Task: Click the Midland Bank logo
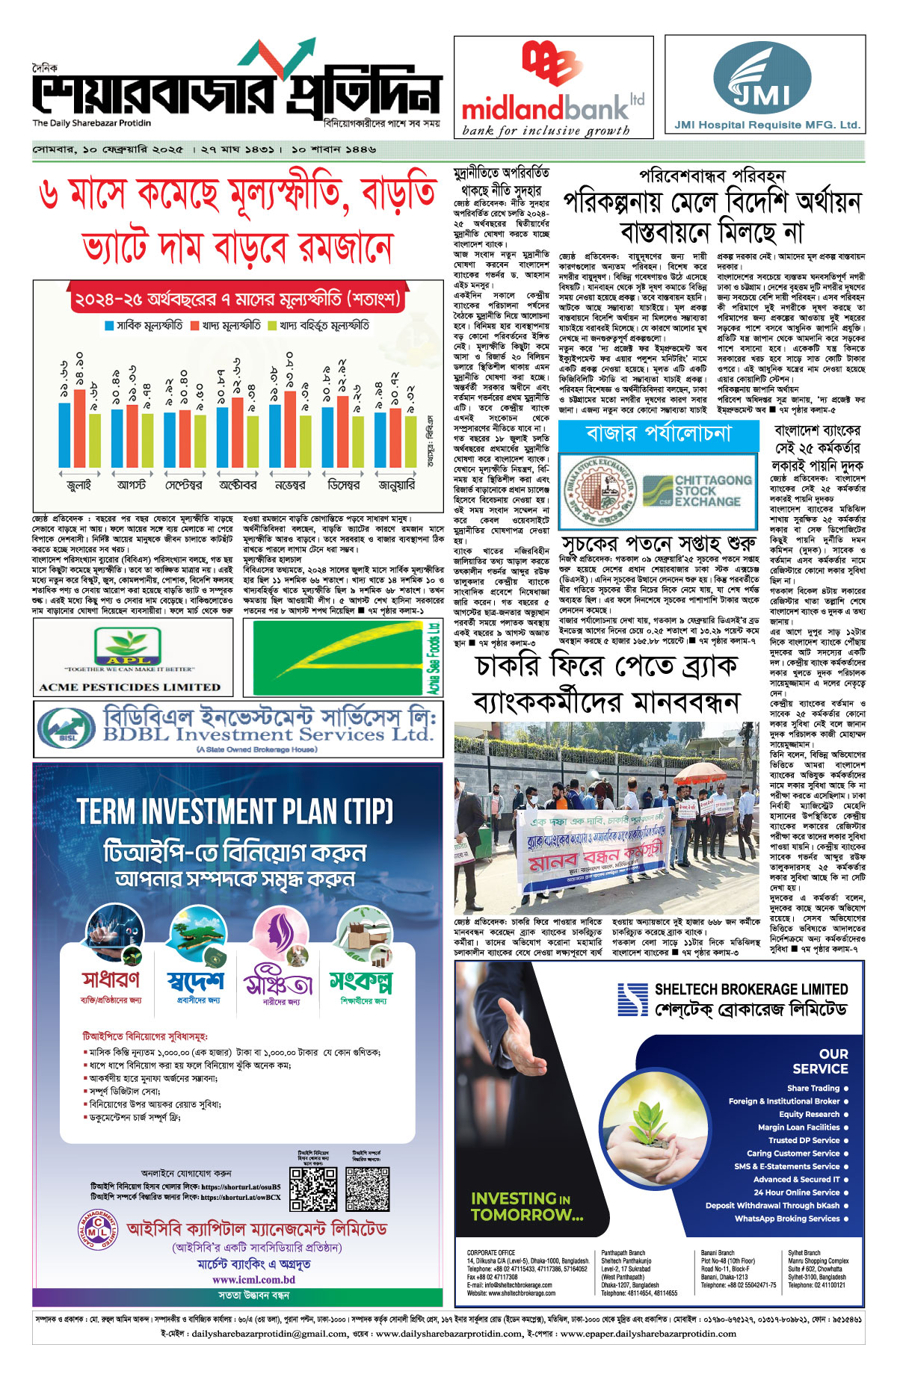[x=552, y=86]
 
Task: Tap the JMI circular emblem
[x=762, y=78]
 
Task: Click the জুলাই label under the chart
[x=79, y=484]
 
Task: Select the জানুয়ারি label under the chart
[x=396, y=484]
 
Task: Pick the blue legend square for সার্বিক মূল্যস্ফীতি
[x=109, y=326]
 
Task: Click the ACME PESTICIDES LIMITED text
[x=130, y=687]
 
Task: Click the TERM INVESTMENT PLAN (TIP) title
[x=235, y=811]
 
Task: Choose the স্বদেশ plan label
[x=195, y=980]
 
